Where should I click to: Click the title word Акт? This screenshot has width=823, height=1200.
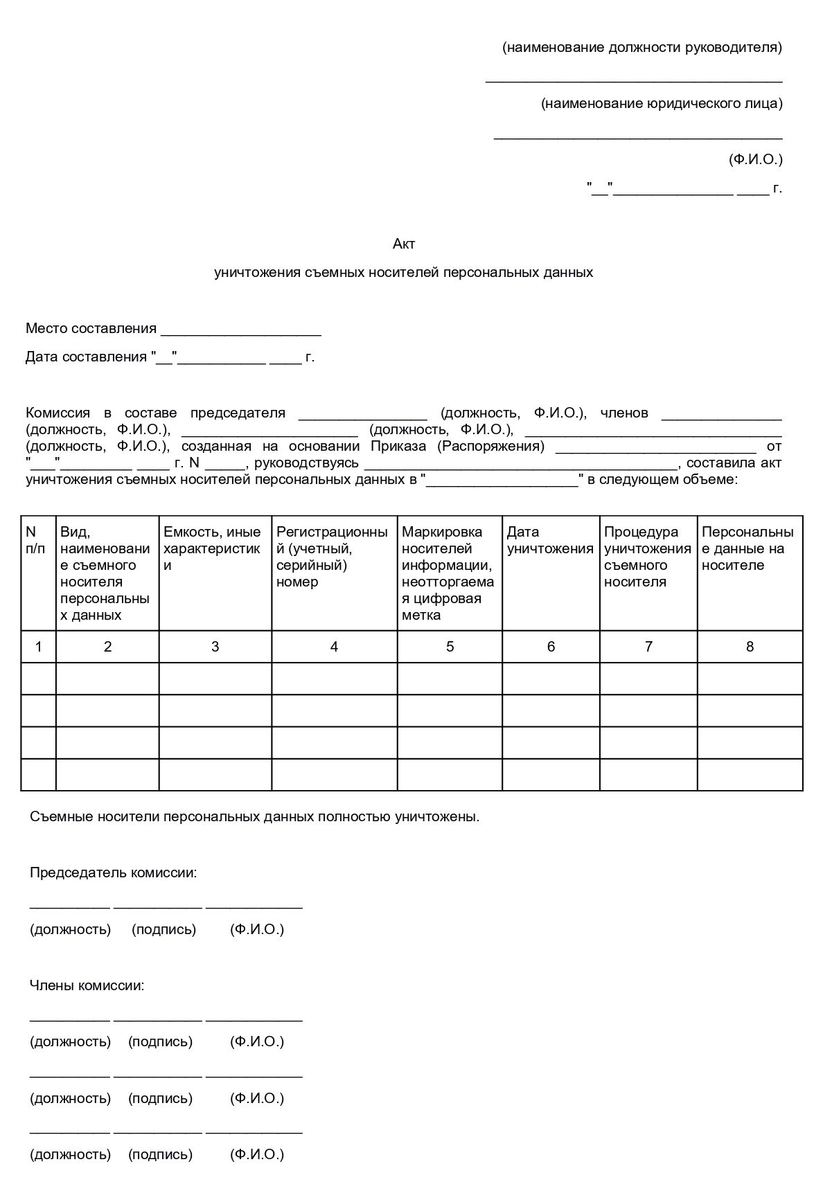coord(404,244)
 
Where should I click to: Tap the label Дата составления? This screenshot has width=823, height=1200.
coord(86,357)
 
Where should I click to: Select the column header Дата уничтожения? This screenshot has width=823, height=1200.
coord(550,540)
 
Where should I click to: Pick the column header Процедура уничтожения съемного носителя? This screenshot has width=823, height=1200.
coord(647,557)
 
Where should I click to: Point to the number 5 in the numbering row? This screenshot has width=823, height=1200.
coord(450,647)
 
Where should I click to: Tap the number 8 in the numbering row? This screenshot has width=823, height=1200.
coord(750,647)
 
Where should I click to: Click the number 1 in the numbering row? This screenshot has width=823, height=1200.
coord(38,647)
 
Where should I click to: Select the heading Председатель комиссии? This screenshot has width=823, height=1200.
coord(113,872)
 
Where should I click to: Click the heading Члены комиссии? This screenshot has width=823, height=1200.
coord(87,985)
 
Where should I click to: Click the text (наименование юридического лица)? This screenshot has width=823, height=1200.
coord(662,104)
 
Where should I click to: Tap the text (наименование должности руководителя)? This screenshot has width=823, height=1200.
coord(642,48)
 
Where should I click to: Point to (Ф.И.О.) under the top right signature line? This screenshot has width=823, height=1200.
coord(755,160)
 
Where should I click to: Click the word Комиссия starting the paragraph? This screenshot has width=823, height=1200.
coord(57,413)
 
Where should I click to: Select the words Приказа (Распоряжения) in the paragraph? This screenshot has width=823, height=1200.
coord(457,447)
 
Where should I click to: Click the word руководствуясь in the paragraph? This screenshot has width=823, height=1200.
coord(307,463)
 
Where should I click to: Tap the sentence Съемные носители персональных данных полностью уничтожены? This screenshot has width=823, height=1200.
coord(254,816)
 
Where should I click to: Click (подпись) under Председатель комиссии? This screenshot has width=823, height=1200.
coord(163,929)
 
